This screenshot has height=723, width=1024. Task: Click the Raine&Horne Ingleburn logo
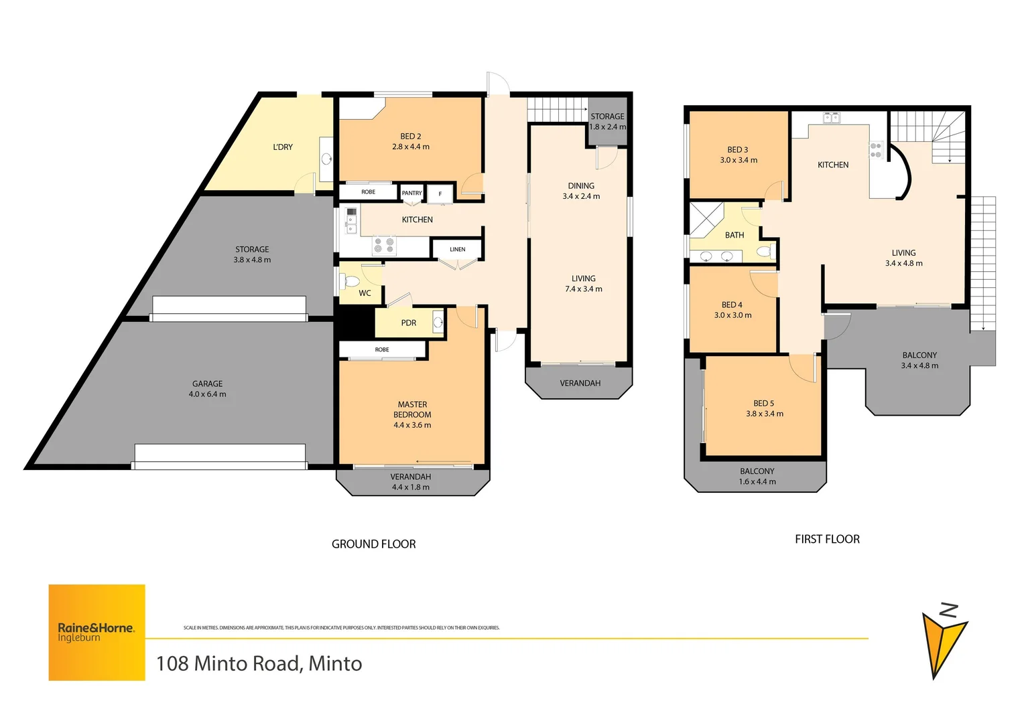click(x=97, y=632)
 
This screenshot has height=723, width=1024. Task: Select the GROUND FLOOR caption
click(x=373, y=544)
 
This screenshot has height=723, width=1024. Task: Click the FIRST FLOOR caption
click(x=827, y=539)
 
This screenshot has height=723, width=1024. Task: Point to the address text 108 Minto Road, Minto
click(x=259, y=663)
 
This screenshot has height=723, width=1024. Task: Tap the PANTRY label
click(x=412, y=193)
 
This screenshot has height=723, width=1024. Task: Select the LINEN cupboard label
click(x=457, y=249)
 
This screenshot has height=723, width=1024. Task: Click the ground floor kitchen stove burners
click(x=384, y=245)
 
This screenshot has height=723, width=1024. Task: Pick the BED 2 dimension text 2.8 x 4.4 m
click(x=411, y=147)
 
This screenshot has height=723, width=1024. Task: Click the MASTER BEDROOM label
click(x=412, y=409)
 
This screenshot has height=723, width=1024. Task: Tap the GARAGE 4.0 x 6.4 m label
click(x=207, y=389)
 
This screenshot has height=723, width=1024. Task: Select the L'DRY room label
click(x=283, y=147)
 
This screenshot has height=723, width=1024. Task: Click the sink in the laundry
click(x=326, y=159)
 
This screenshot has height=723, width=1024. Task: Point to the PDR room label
click(x=409, y=323)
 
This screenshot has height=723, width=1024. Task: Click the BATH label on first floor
click(x=734, y=235)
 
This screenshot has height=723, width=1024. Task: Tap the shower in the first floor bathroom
click(x=706, y=218)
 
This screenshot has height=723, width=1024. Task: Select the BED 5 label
click(x=763, y=403)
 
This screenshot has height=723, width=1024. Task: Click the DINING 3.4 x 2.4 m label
click(x=581, y=191)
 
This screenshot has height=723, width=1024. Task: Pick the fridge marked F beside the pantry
click(x=440, y=193)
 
